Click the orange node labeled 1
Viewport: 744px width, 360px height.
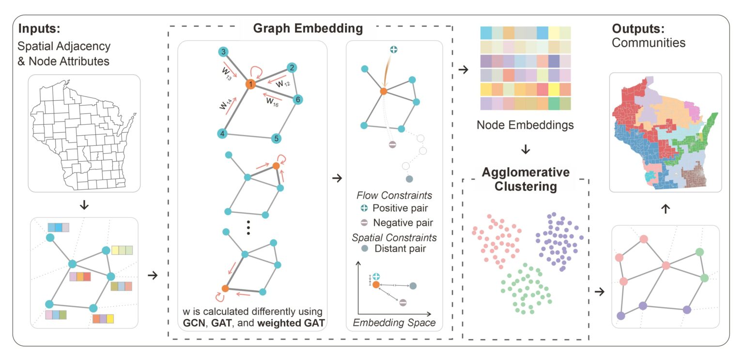(x=250, y=84)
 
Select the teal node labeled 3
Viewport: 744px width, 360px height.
(x=223, y=52)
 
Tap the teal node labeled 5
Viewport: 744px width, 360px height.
(x=276, y=138)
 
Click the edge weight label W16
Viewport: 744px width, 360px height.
(x=273, y=101)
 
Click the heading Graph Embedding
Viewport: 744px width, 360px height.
(x=308, y=29)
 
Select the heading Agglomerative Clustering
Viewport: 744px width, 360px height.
(x=525, y=179)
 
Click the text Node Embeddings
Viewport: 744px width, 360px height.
(x=525, y=125)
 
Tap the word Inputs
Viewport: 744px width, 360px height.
(x=39, y=28)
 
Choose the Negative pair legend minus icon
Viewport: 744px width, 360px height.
(x=363, y=223)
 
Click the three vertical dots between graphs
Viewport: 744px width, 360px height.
(x=248, y=228)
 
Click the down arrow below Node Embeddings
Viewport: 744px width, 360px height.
(x=525, y=150)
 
